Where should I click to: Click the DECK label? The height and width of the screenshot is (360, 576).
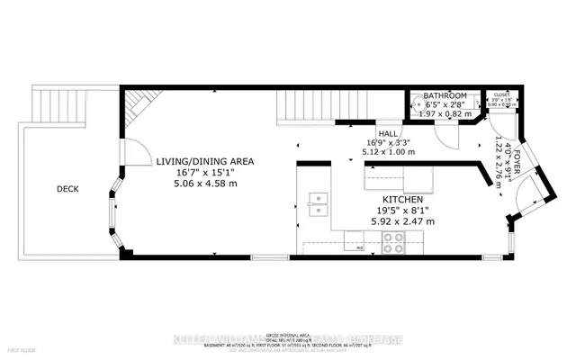click(67, 190)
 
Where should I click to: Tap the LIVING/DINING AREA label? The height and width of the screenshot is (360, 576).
click(205, 162)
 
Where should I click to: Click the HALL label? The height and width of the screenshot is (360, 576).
click(388, 131)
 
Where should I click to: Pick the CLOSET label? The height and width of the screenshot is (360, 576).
click(501, 94)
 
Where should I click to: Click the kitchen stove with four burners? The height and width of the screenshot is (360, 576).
click(393, 241)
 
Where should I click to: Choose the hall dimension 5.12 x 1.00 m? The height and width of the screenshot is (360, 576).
click(388, 152)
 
